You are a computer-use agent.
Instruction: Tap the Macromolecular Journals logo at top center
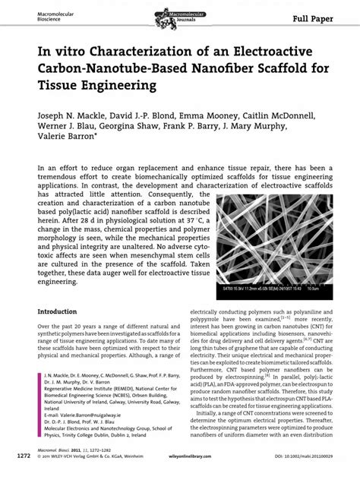(180, 14)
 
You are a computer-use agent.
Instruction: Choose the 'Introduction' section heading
(63, 312)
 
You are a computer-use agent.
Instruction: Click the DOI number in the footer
(314, 459)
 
